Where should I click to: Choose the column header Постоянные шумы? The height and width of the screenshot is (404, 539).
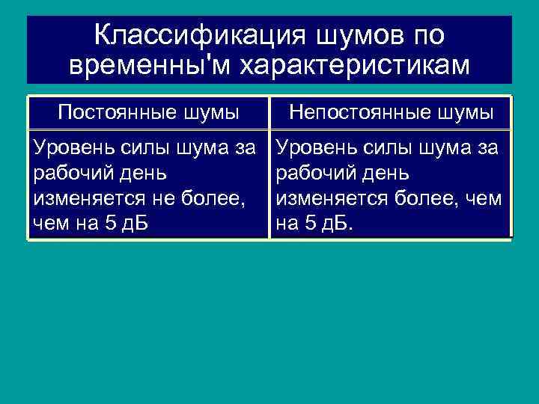click(148, 113)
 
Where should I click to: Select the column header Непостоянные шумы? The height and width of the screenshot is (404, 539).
click(391, 113)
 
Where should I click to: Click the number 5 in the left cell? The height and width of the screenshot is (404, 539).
click(111, 224)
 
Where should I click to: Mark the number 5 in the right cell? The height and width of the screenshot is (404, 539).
click(310, 224)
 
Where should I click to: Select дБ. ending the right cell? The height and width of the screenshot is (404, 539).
click(334, 224)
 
